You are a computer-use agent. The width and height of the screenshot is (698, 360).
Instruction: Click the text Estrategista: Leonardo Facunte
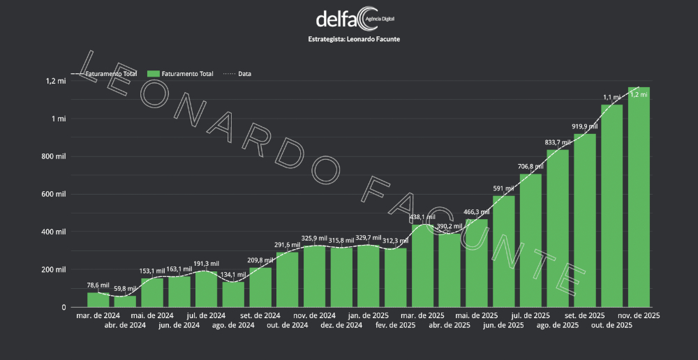(x=354, y=39)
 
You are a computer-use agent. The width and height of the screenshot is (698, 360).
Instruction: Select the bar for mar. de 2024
(x=98, y=299)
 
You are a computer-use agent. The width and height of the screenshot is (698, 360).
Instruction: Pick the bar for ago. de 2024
(x=233, y=294)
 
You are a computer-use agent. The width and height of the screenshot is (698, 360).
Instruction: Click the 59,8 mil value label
(x=125, y=288)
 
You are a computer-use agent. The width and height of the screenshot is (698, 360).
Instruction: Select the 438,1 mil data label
(x=422, y=217)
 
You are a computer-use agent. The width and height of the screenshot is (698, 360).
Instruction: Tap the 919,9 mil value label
(x=584, y=126)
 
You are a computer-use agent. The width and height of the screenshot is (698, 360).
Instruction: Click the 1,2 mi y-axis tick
(x=57, y=81)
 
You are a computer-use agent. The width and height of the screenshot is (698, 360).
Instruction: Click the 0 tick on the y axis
(x=64, y=307)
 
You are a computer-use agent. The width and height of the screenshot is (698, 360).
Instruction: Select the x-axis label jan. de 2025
(x=369, y=315)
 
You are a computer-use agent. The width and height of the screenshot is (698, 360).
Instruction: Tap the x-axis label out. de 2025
(x=612, y=325)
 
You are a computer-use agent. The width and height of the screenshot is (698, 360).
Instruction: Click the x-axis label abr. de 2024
(x=125, y=325)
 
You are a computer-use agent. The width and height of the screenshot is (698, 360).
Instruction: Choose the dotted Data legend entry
(x=237, y=73)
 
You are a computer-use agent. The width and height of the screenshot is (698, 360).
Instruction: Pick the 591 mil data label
(x=503, y=188)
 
